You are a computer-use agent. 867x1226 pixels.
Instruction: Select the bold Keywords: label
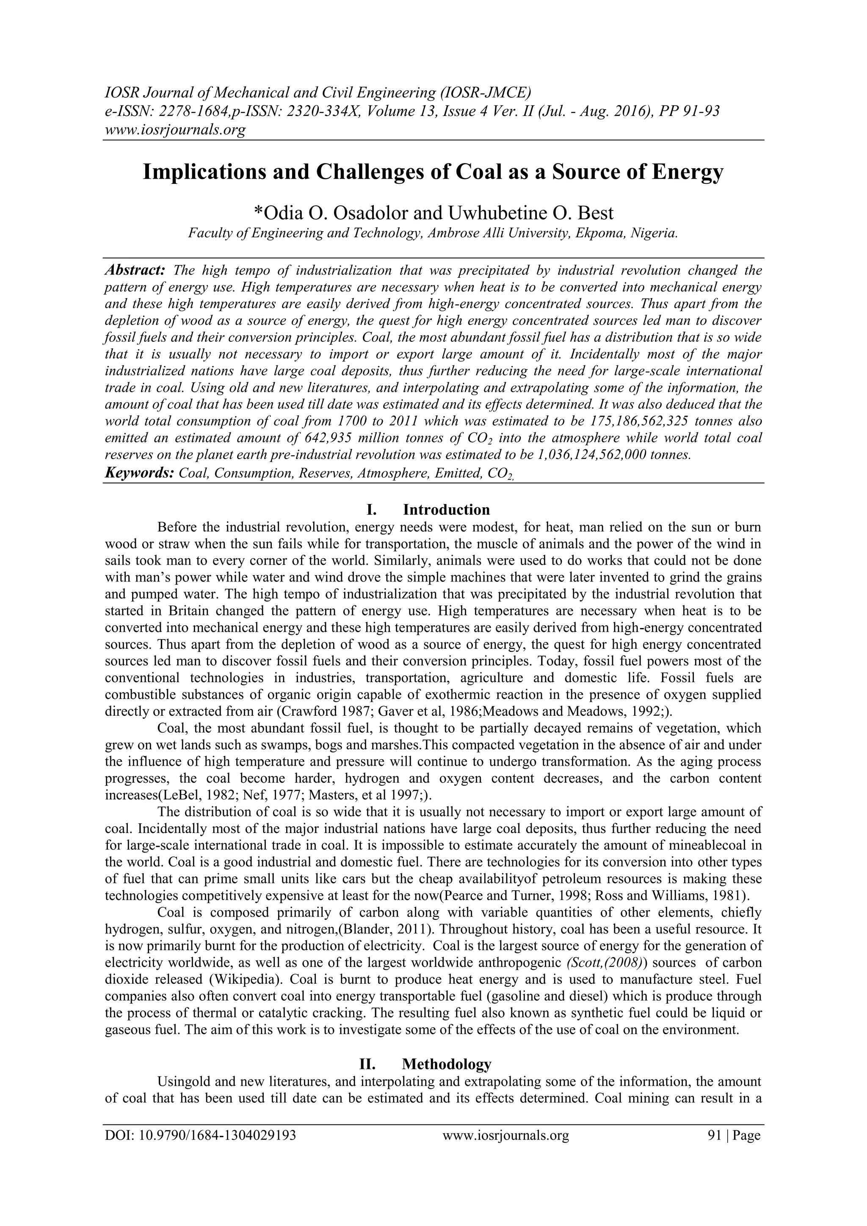pos(139,473)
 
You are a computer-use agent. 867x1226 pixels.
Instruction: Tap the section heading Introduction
pos(446,509)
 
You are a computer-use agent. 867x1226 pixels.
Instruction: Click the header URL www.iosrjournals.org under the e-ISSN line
pos(174,129)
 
